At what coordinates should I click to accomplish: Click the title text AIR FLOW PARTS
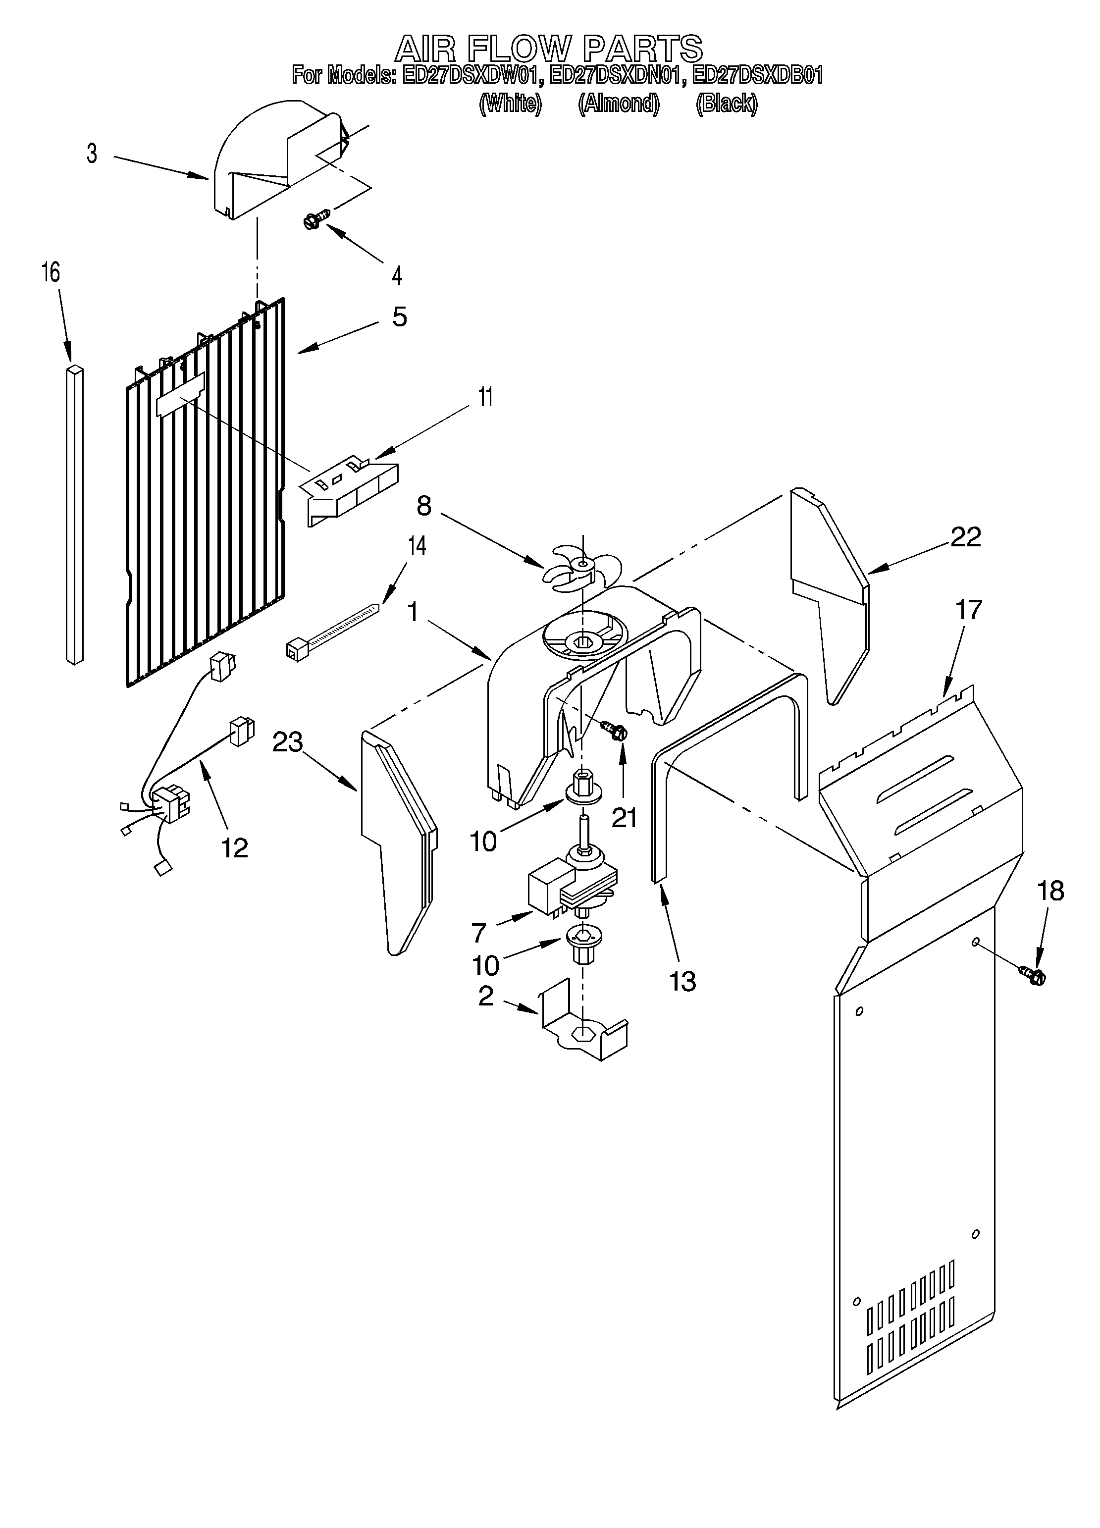548,49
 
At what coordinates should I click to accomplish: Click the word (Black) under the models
726,103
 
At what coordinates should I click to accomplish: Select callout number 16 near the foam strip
51,272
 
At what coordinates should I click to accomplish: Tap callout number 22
965,537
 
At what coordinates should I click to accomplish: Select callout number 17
968,610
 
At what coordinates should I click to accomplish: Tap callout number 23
288,742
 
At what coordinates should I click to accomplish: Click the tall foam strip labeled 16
75,516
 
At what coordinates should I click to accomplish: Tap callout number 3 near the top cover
92,154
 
